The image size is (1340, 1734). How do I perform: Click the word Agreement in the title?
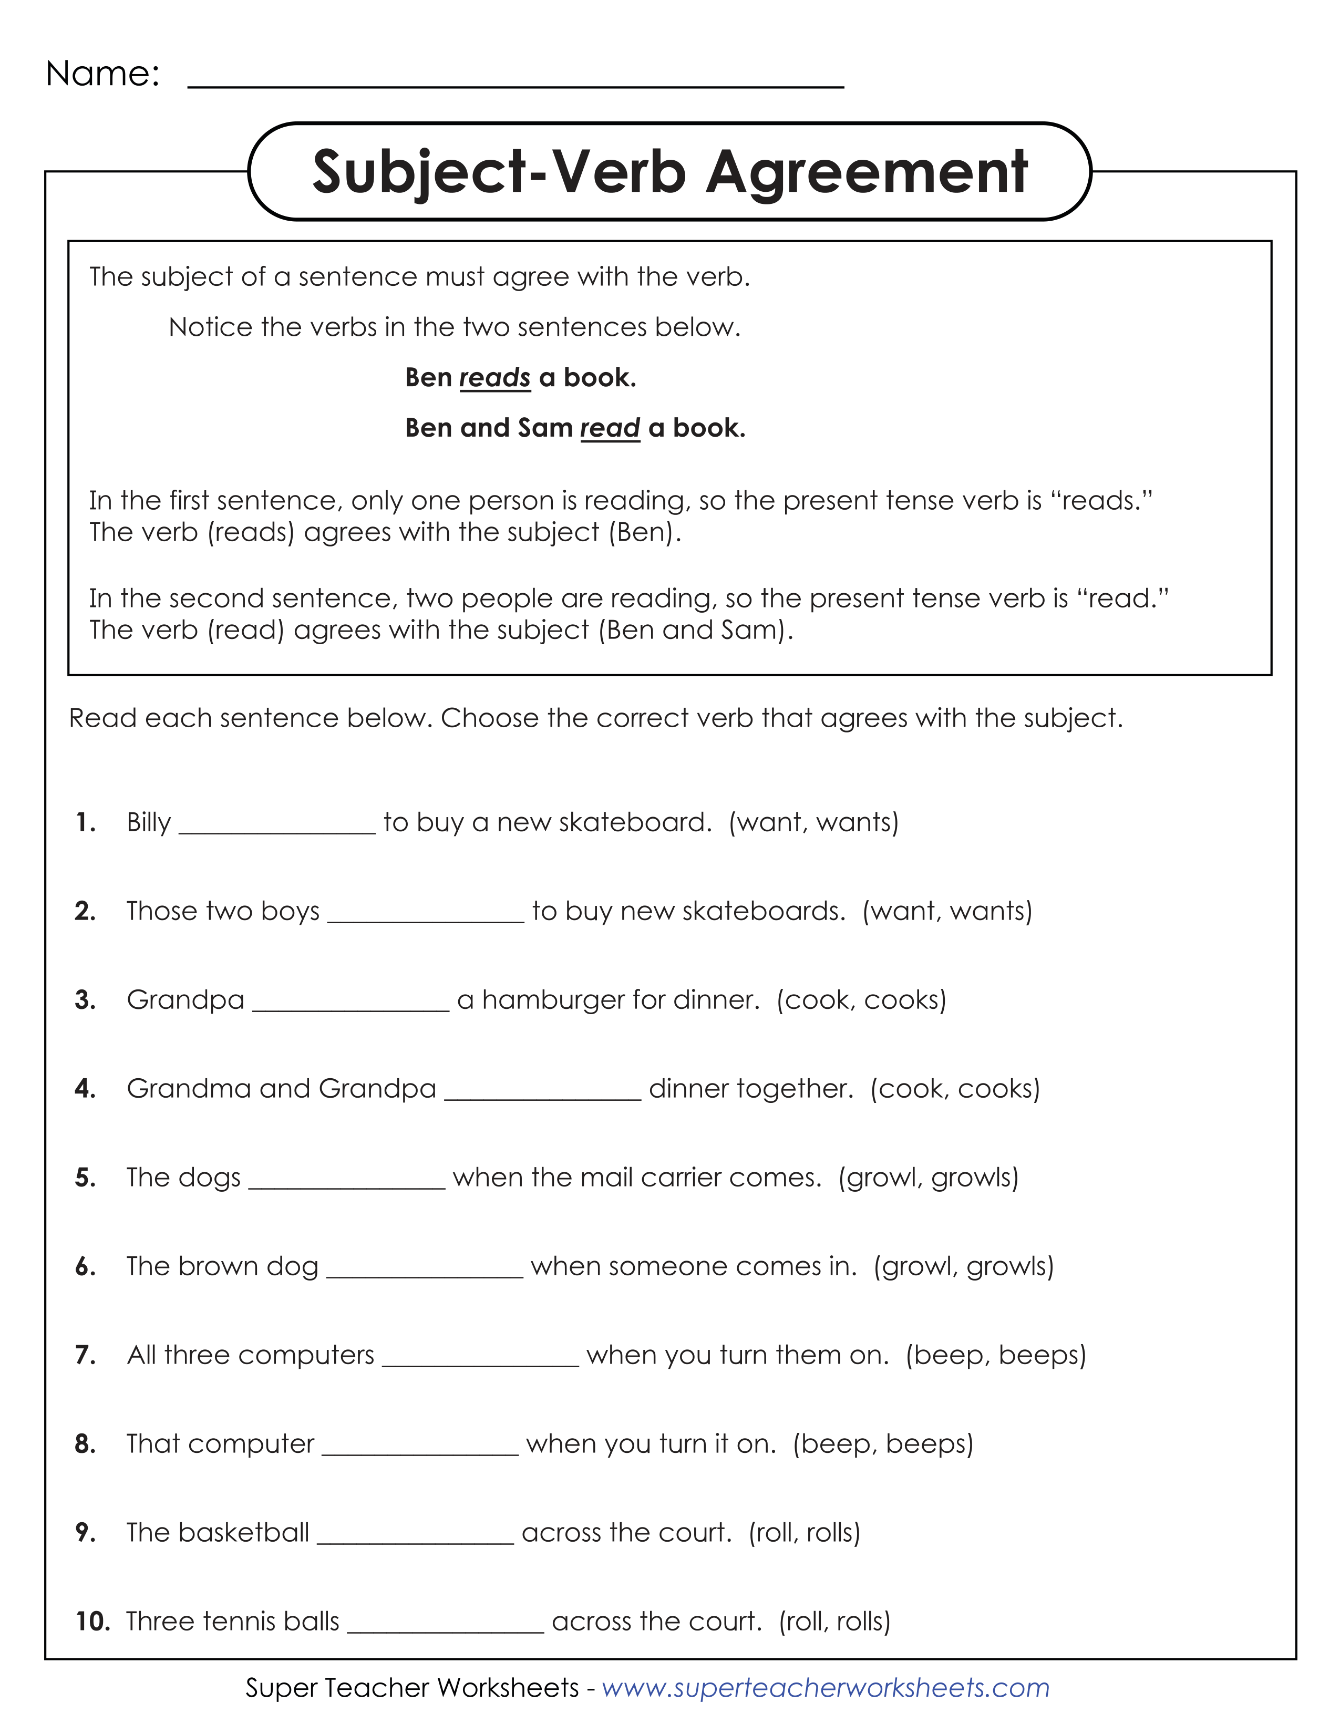(x=867, y=172)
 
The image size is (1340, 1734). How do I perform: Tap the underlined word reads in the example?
(x=494, y=378)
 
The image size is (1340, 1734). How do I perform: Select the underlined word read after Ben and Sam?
(x=610, y=429)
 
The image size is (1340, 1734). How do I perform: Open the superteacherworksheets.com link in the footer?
(x=826, y=1688)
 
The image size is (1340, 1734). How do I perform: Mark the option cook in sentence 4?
(x=904, y=1089)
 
